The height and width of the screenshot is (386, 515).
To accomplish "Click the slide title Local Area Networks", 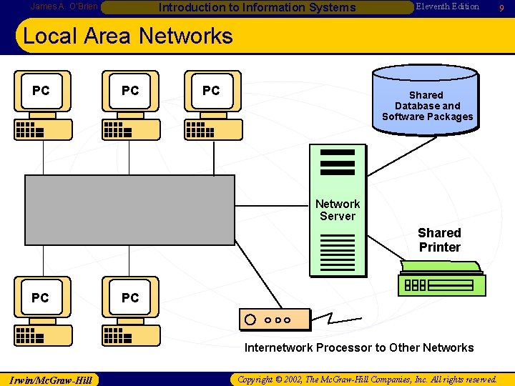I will click(x=128, y=36).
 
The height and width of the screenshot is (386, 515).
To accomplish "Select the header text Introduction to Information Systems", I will click(x=256, y=8).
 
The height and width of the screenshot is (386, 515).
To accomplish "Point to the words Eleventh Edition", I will click(x=447, y=6).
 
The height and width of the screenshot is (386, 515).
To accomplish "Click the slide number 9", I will click(x=502, y=7).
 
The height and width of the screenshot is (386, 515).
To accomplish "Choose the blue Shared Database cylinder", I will click(x=427, y=100).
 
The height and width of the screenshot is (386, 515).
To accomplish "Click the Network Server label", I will click(x=338, y=210).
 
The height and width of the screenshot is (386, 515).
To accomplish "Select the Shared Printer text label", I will click(x=439, y=240).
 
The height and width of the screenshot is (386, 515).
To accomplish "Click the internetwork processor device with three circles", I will click(x=274, y=320).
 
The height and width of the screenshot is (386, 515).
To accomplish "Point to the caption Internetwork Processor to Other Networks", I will click(x=359, y=348).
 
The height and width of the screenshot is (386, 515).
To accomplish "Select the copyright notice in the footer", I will click(x=367, y=379).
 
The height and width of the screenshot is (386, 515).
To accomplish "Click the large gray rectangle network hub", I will click(x=129, y=210).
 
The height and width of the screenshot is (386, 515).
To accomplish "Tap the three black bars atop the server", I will click(x=338, y=162).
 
